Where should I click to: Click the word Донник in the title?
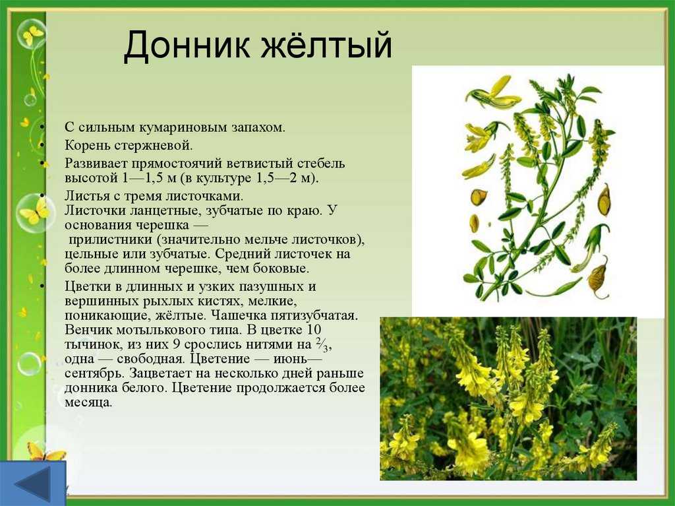point(187,45)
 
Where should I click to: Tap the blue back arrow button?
point(33,483)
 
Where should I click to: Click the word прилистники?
point(111,239)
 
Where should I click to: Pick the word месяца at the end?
point(88,402)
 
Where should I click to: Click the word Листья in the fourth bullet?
point(88,197)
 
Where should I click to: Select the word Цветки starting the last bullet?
point(90,286)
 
